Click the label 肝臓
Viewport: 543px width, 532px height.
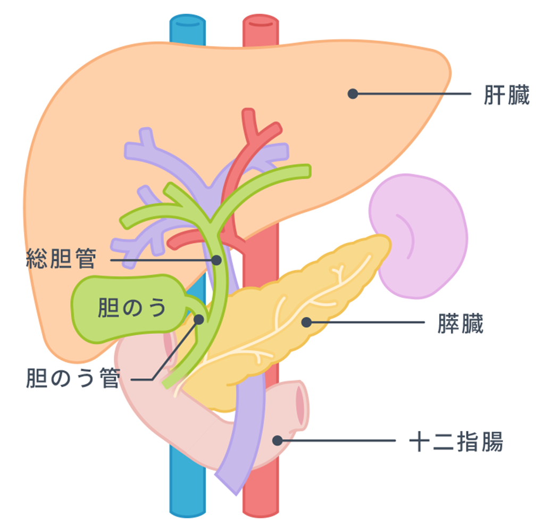coord(506,95)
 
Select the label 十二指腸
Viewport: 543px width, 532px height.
coord(456,442)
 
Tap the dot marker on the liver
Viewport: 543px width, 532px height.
coord(352,94)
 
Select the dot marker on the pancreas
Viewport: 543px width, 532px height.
coord(306,322)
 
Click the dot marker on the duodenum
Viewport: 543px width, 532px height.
coord(277,440)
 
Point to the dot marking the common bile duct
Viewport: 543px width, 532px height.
coord(216,260)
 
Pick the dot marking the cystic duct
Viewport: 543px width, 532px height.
coord(199,319)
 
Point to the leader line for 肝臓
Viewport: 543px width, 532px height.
coord(412,94)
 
